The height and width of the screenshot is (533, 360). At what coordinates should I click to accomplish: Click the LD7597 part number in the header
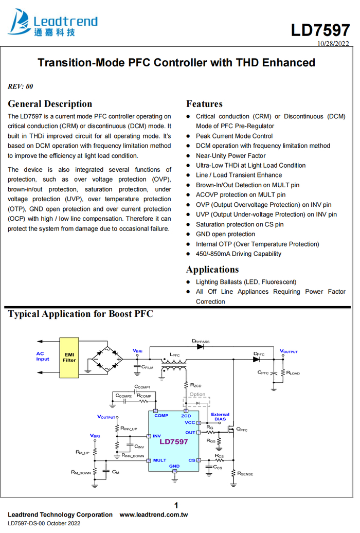tap(320, 30)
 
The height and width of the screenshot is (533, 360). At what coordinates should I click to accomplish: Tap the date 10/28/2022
tap(333, 44)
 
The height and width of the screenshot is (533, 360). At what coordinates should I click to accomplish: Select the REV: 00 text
tap(21, 86)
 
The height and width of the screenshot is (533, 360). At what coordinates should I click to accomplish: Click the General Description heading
tap(50, 104)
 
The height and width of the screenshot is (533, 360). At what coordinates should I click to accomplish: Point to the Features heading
tap(204, 104)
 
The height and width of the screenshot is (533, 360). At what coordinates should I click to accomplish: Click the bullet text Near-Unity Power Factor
tap(230, 156)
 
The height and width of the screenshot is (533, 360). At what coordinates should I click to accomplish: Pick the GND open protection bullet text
tap(225, 234)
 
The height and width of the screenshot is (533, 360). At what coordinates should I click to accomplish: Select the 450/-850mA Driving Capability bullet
tap(238, 254)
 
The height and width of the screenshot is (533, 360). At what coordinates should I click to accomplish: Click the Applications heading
tap(212, 270)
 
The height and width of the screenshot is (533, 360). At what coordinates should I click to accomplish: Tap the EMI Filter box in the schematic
tap(69, 357)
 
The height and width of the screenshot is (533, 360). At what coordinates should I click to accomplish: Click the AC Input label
tap(43, 356)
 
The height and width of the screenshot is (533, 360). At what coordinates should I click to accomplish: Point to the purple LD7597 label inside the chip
tap(173, 441)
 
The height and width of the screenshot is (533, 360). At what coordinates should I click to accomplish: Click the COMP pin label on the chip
tap(161, 415)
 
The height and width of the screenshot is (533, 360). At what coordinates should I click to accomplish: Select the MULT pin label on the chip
tap(159, 460)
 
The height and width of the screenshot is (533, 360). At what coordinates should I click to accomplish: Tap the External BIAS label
tap(220, 417)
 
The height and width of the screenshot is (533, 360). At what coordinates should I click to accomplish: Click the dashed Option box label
tap(197, 395)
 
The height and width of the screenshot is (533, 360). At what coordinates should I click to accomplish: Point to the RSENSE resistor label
tap(245, 473)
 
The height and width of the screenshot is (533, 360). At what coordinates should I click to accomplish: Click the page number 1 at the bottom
tap(176, 505)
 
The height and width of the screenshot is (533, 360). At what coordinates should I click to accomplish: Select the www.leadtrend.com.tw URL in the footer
tap(154, 514)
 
